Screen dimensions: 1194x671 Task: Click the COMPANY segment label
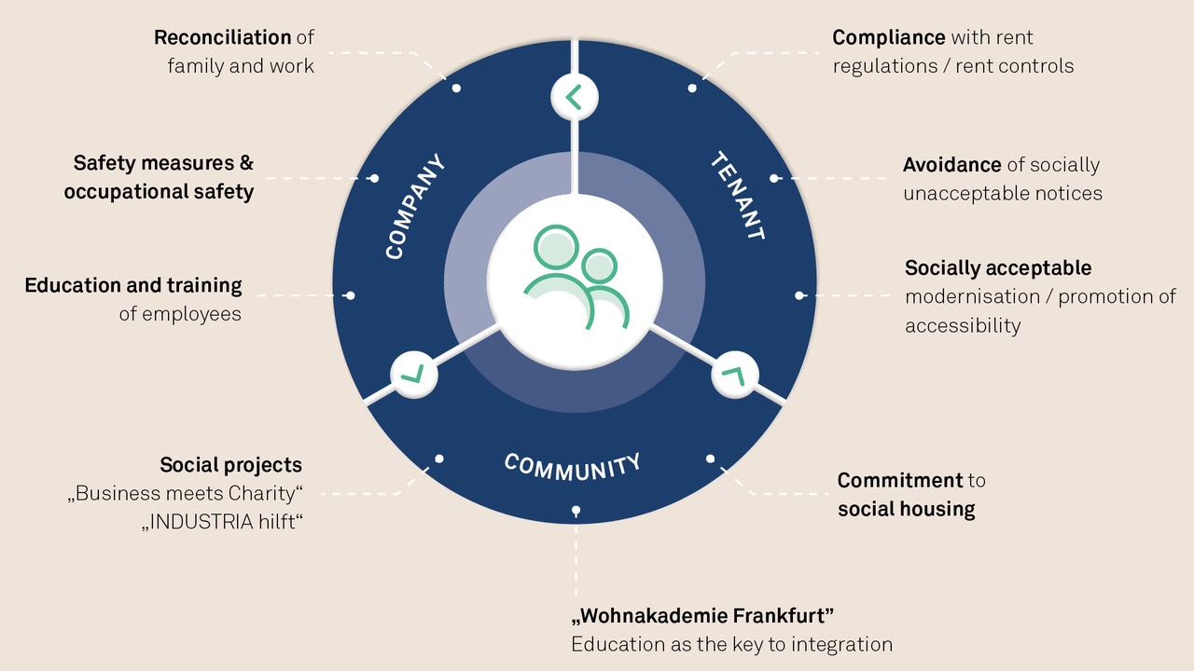coord(415,207)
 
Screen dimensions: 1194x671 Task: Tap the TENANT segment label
coord(738,196)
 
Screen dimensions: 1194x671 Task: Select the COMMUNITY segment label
coord(573,467)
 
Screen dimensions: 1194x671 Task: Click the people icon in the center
coord(576,277)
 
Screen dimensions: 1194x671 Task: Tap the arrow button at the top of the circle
coord(575,98)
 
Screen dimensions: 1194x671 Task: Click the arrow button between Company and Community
coord(414,375)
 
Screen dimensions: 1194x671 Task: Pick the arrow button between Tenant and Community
coord(734,375)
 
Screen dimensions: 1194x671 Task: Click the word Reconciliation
coord(222,38)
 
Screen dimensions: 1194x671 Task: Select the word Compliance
coord(889,38)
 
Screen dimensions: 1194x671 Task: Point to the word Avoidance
coord(952,165)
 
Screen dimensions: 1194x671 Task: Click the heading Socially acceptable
coord(998,268)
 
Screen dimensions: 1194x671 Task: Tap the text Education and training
coord(133,286)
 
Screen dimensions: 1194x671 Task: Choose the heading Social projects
coord(230,465)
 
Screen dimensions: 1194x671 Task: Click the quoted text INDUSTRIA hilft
coord(222,522)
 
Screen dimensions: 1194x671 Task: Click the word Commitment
coord(900,480)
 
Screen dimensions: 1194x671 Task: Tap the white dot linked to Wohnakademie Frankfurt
coord(576,510)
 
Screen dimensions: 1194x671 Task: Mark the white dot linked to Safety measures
coord(374,178)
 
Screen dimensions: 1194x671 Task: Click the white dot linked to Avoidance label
coord(774,178)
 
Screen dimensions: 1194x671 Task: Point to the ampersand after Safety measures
coord(246,163)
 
